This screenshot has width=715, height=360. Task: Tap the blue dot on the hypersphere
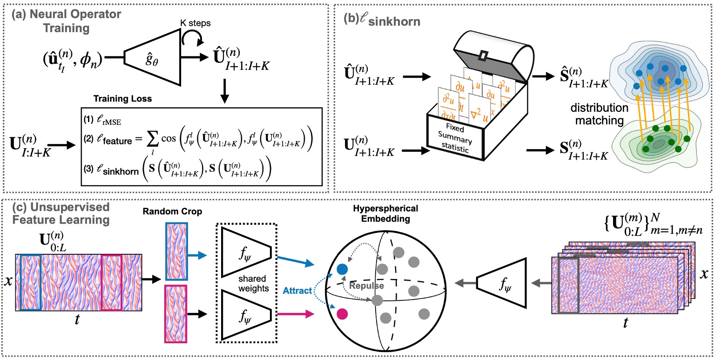[342, 269]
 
